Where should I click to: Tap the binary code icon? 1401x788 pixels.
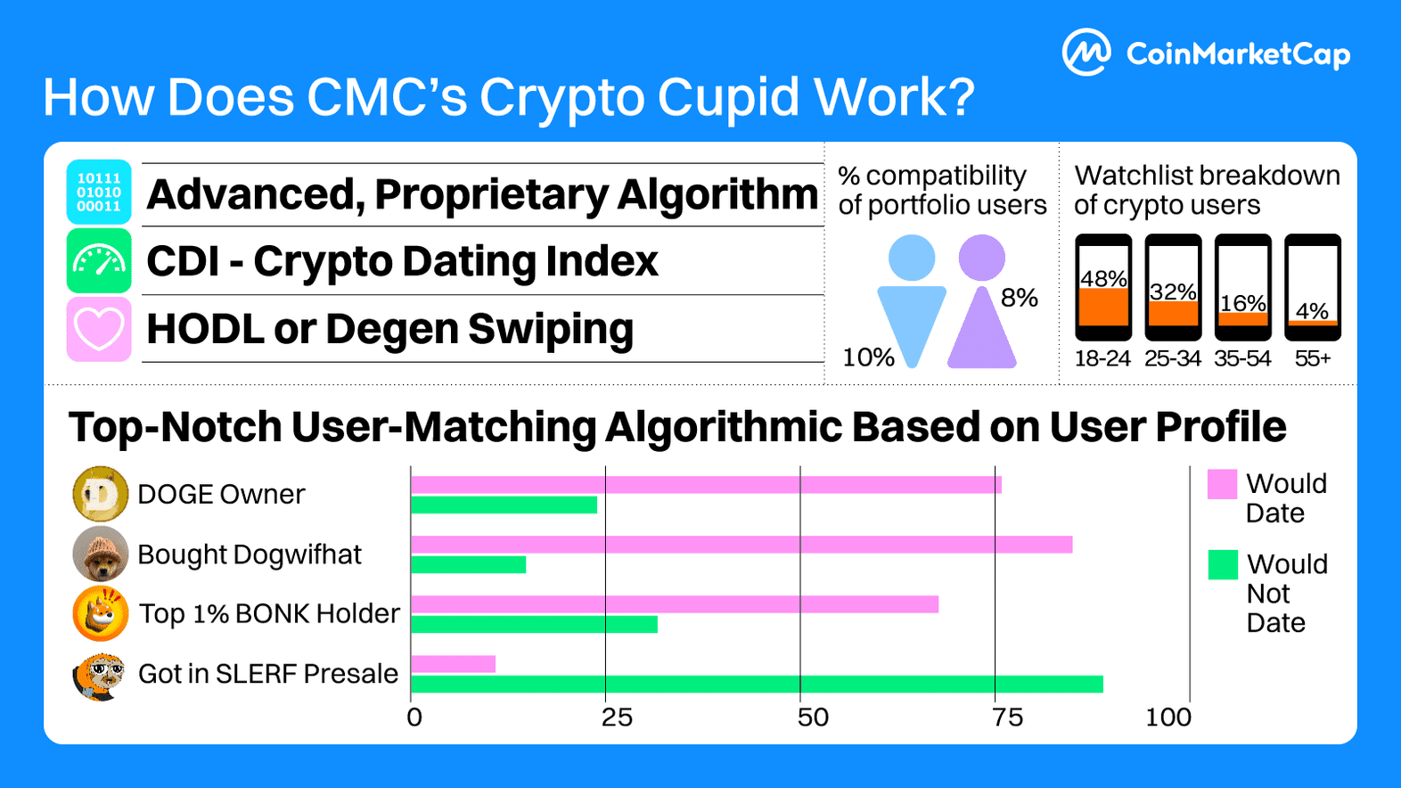click(x=99, y=193)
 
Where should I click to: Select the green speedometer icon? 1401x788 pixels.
click(x=99, y=260)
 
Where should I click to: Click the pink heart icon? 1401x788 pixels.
click(x=99, y=329)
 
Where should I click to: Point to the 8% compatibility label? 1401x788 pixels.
click(x=1020, y=298)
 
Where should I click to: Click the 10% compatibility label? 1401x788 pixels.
click(x=868, y=357)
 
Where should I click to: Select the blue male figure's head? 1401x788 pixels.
click(x=912, y=258)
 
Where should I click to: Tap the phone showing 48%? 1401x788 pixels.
click(x=1103, y=287)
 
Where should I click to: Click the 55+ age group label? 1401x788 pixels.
click(x=1313, y=358)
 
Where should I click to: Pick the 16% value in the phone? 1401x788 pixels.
click(x=1242, y=303)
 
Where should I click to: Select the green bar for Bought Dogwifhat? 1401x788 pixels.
click(x=469, y=564)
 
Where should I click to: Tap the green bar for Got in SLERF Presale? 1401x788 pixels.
click(x=757, y=684)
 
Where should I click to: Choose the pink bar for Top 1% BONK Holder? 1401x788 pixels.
click(x=675, y=604)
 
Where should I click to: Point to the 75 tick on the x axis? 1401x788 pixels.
click(x=1007, y=718)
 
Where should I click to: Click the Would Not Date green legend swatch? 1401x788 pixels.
click(x=1223, y=565)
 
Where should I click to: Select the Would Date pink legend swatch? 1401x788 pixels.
click(x=1222, y=484)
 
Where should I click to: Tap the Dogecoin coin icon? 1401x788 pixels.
click(x=100, y=494)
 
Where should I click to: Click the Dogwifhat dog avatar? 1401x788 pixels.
click(x=100, y=554)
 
